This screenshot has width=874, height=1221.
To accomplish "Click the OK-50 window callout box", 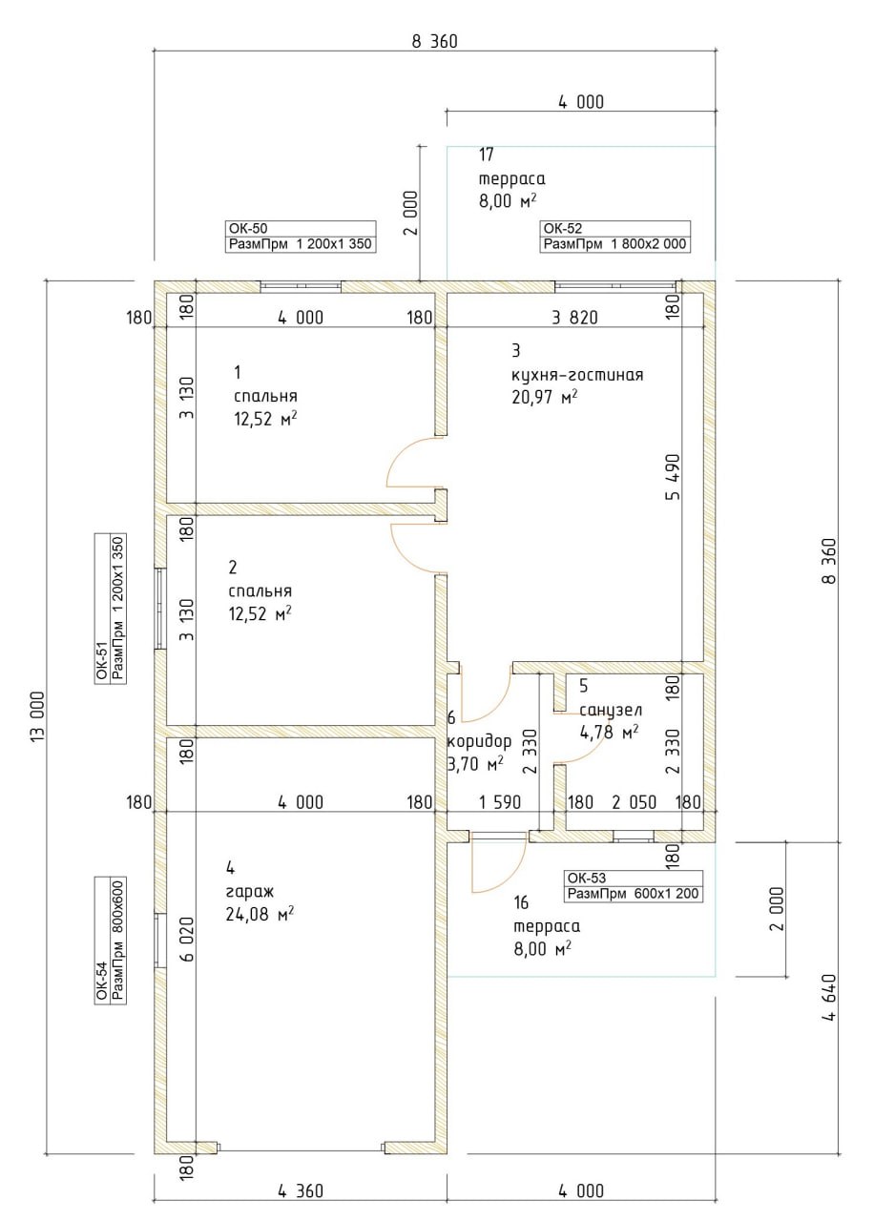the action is coord(301,236).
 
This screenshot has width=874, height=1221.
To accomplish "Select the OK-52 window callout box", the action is coord(615,236).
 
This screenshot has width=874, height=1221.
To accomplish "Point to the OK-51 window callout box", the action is coord(111,608).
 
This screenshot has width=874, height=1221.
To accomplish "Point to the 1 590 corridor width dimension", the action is coord(499,802).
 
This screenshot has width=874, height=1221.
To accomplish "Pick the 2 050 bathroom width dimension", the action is coord(635,802).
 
